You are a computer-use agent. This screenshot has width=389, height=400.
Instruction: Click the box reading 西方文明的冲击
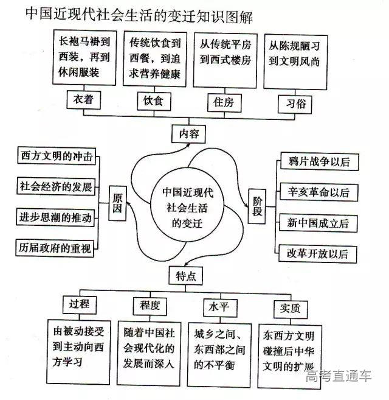55,156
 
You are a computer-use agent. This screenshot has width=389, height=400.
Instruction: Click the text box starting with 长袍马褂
84,59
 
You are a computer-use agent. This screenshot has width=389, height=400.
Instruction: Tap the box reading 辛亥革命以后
319,192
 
